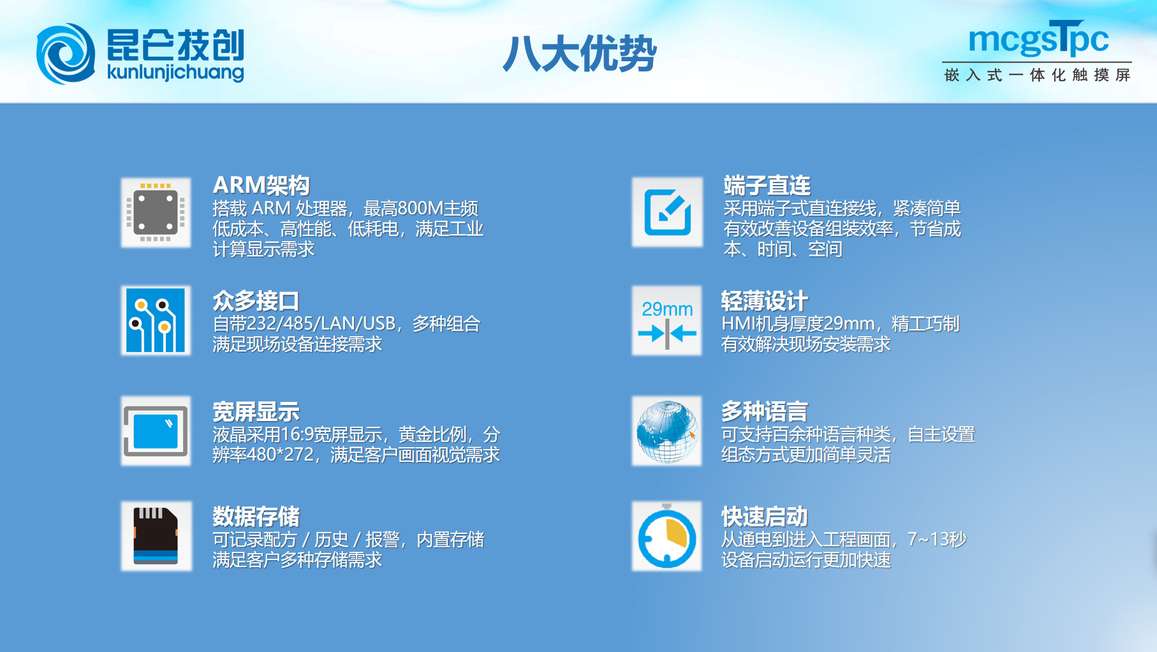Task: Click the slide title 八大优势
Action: coord(580,53)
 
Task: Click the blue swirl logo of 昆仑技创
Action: coord(66,54)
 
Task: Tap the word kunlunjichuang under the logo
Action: coord(175,72)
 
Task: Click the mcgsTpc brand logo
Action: coord(1038,38)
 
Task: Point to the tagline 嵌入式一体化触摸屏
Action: coord(1038,75)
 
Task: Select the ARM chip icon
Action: coord(156,212)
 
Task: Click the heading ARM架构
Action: coord(262,185)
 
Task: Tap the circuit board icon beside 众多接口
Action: coord(156,320)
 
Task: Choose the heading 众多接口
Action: coord(256,300)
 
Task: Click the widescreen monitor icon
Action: coord(156,431)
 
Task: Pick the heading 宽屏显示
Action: coord(256,411)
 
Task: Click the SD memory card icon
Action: coord(156,536)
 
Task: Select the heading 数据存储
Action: coord(256,516)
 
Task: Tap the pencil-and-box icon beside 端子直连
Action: coord(667,212)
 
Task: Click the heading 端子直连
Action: coord(767,185)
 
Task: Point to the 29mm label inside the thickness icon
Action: coord(667,309)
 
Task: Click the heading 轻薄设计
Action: coord(764,300)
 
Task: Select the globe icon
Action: coord(667,431)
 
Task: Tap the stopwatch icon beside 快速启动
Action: coord(667,536)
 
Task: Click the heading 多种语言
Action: coord(764,411)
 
